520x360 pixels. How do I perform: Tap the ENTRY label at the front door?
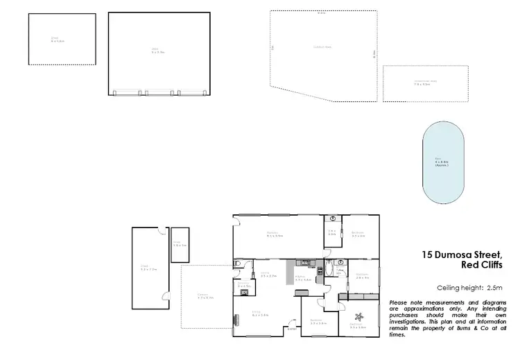point(291,329)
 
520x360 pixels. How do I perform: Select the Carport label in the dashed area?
point(204,296)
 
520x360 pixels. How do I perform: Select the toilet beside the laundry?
point(238,264)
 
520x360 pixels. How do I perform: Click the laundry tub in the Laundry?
point(244,293)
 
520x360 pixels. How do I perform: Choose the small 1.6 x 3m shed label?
point(180,245)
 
